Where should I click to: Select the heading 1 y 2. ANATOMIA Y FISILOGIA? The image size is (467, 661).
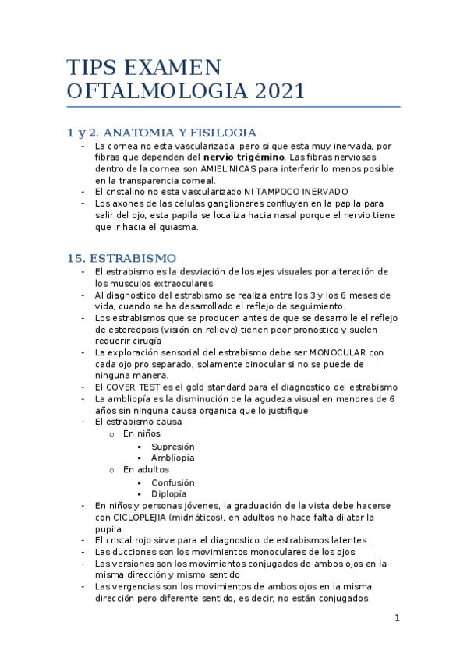coord(162,133)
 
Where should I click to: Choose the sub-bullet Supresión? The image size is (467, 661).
coord(173,447)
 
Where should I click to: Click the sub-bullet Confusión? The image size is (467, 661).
coord(173,482)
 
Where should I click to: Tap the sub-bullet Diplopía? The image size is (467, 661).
coord(169,493)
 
